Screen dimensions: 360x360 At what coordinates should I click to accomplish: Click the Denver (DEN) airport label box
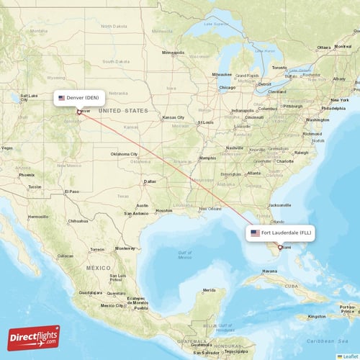click(x=81, y=97)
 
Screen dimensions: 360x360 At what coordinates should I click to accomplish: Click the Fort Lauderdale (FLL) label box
click(x=282, y=233)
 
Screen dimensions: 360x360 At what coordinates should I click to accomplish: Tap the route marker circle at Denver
click(x=79, y=112)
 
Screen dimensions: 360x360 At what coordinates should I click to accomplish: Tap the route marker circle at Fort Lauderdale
click(x=280, y=248)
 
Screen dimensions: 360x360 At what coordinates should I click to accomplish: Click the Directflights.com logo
click(x=34, y=337)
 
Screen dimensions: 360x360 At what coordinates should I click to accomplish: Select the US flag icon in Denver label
click(x=62, y=97)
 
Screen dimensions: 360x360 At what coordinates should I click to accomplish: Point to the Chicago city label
click(x=228, y=88)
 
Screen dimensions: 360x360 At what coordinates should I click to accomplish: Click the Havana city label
click(x=269, y=271)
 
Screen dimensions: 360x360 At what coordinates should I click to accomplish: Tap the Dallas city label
click(x=149, y=181)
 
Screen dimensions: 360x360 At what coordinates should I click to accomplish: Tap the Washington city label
click(x=317, y=120)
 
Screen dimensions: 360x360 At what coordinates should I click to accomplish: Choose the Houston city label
click(x=164, y=210)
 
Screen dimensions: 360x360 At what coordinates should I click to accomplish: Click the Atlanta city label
click(x=253, y=173)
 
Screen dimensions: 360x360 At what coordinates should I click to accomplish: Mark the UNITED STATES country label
click(x=122, y=110)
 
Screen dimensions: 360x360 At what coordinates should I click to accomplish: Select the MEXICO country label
click(x=98, y=267)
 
